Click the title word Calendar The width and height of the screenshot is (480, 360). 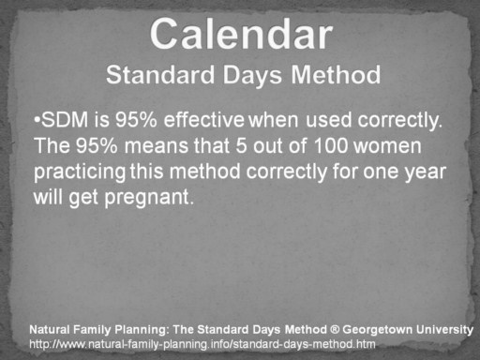pyautogui.click(x=241, y=34)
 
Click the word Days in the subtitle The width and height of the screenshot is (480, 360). pyautogui.click(x=252, y=75)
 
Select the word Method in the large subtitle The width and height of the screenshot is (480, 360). pyautogui.click(x=336, y=75)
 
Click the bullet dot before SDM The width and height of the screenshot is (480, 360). pyautogui.click(x=37, y=120)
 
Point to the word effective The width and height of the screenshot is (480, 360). pyautogui.click(x=204, y=120)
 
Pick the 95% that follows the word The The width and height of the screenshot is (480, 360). pyautogui.click(x=97, y=145)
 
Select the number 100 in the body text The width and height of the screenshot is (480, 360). pyautogui.click(x=330, y=145)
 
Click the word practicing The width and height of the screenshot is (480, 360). pyautogui.click(x=80, y=172)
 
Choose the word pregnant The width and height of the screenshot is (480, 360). pyautogui.click(x=149, y=198)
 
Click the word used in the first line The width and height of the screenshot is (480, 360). pyautogui.click(x=328, y=120)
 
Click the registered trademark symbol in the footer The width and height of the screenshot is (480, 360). pyautogui.click(x=335, y=329)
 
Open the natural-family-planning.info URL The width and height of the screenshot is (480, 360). pyautogui.click(x=202, y=344)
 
